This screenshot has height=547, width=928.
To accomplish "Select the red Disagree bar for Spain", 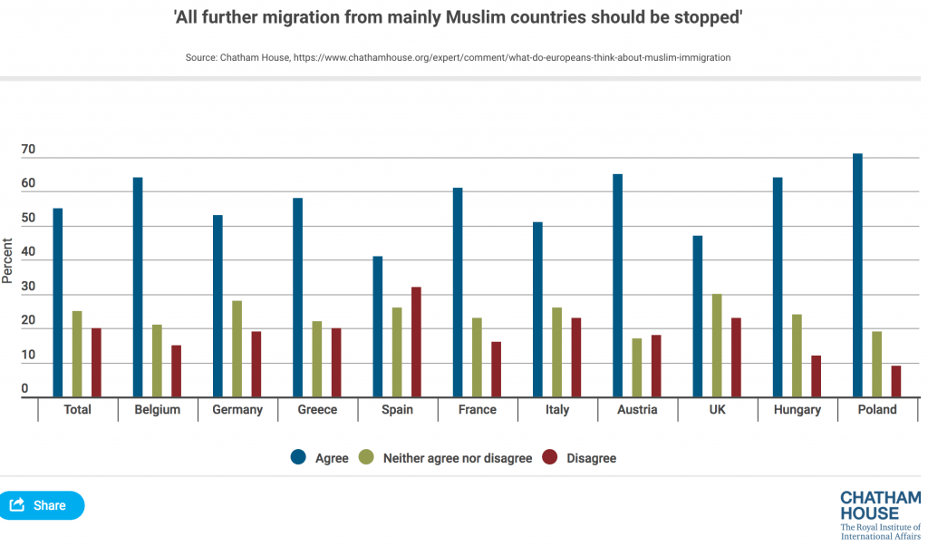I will (x=417, y=342).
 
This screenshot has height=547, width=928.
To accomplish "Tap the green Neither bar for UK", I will (x=717, y=346).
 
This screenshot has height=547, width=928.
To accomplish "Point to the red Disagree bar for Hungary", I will (x=817, y=376).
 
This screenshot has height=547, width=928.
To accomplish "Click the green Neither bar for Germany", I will (x=237, y=348).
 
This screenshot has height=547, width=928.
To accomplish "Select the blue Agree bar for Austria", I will (x=617, y=285).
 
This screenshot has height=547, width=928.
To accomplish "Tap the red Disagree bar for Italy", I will (x=576, y=357).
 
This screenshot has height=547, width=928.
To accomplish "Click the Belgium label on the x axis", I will (x=157, y=410).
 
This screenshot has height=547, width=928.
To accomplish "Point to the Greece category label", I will (x=317, y=410).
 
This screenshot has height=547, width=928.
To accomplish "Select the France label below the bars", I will (x=477, y=410).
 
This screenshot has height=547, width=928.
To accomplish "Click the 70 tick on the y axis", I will (x=28, y=150).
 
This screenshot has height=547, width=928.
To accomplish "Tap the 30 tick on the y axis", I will (x=28, y=287).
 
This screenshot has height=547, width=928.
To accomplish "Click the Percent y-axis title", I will (x=8, y=260).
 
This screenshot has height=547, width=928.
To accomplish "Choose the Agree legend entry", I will (x=320, y=458).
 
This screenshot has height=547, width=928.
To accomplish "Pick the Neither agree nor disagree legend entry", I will (x=446, y=458).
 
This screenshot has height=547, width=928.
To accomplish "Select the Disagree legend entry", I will (x=580, y=458).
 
